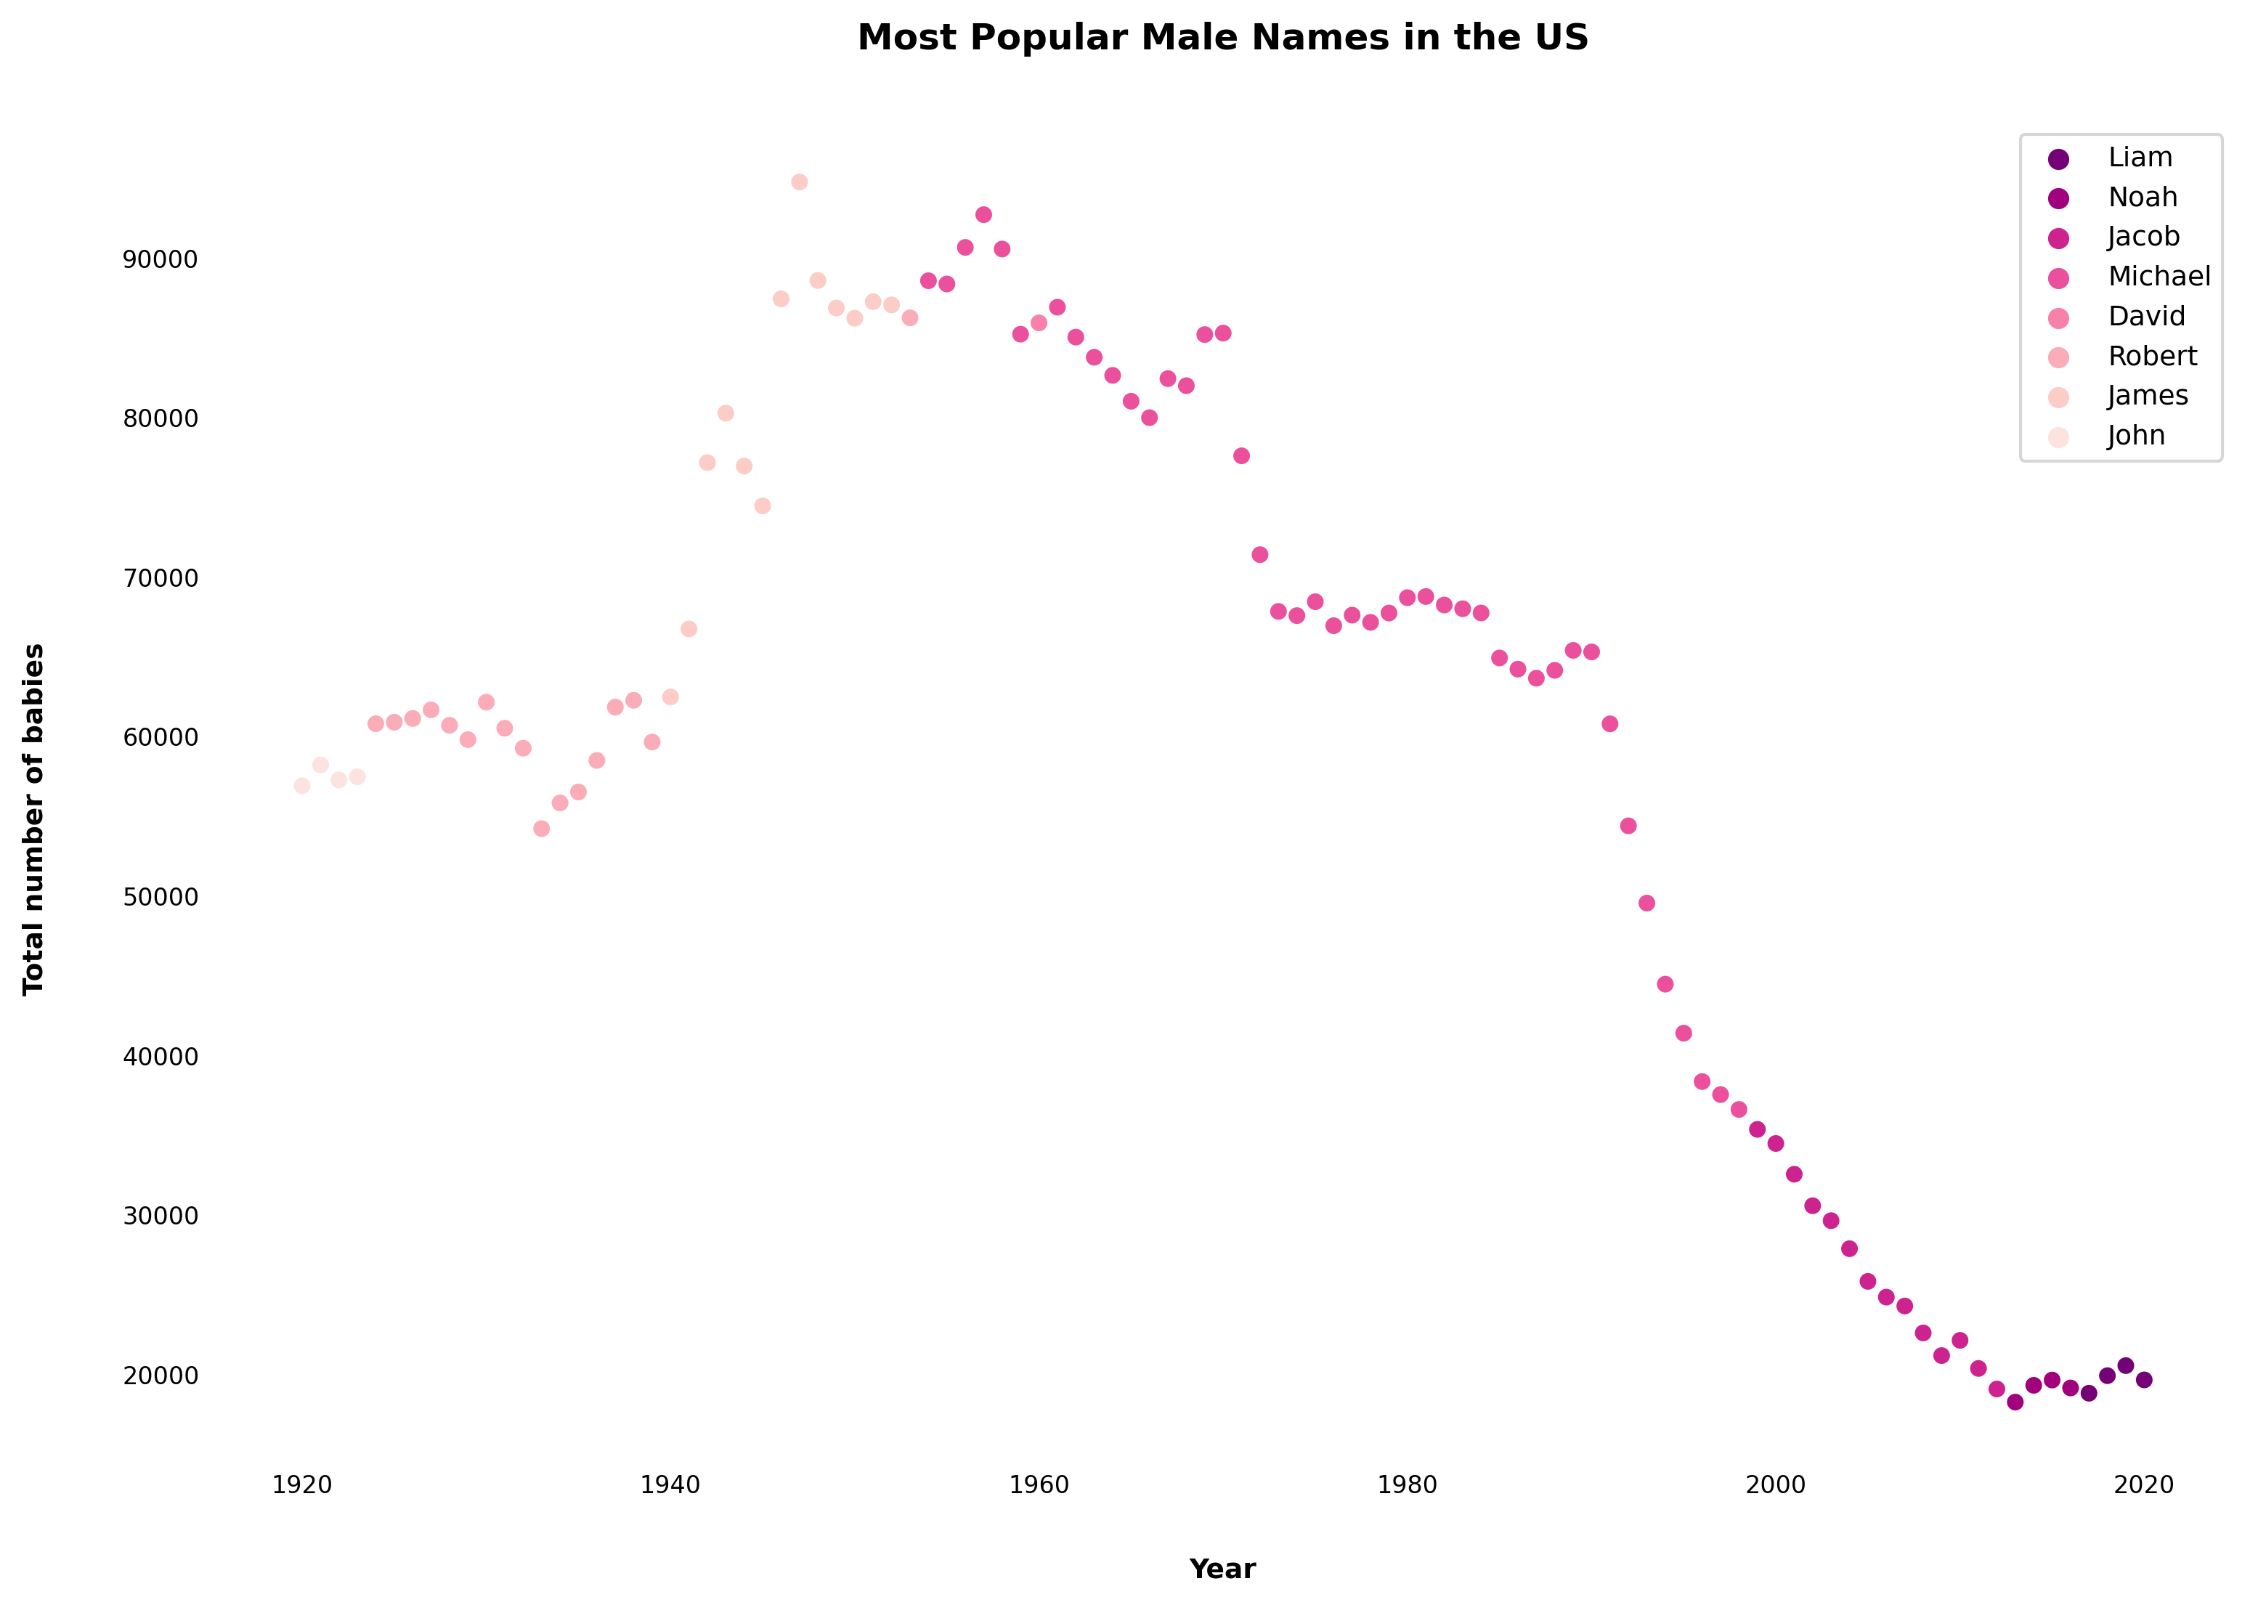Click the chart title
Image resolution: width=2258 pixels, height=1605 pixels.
(1222, 38)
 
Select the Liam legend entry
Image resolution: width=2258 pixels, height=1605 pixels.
(2140, 158)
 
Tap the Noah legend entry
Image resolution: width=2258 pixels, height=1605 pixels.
(2143, 198)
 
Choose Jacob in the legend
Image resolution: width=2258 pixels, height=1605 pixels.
(2143, 237)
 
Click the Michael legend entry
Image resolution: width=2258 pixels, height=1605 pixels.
(2159, 277)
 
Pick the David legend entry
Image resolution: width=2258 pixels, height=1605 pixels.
(2146, 316)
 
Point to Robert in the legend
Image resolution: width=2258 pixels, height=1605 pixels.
(2152, 356)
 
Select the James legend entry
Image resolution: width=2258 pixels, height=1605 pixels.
(2148, 397)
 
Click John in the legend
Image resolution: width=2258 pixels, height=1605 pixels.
(2135, 436)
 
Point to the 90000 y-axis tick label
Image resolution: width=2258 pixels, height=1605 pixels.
(160, 260)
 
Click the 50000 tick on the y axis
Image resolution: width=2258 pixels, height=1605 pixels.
(160, 898)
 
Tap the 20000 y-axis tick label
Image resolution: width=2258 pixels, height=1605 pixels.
(160, 1376)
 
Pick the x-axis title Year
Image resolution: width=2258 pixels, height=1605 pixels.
(1222, 1569)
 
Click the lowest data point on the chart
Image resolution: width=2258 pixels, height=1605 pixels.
(2015, 1402)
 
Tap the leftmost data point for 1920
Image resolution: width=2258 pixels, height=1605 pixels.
(302, 786)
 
